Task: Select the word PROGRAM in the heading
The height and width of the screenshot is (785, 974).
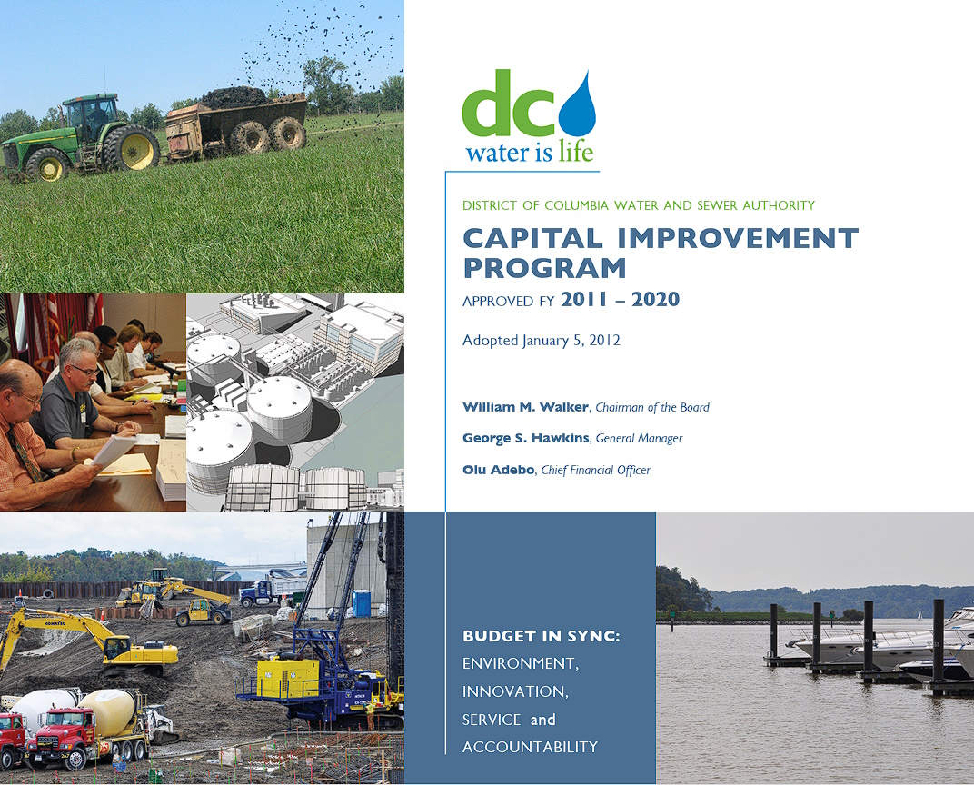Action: coord(545,268)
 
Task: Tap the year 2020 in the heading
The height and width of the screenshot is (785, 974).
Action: coord(655,299)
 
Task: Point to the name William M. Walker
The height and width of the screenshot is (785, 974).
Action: coord(525,407)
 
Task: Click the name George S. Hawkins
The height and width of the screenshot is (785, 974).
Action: coord(525,438)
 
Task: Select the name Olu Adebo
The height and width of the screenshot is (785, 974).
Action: coord(498,470)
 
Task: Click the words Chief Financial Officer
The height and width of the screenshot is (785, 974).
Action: coord(596,470)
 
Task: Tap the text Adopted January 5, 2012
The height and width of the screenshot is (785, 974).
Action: coord(541,341)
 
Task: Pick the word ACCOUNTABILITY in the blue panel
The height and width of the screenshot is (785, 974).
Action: coord(530,747)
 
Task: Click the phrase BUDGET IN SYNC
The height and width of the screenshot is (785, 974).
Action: coord(541,636)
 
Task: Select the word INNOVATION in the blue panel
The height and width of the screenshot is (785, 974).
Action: coord(515,691)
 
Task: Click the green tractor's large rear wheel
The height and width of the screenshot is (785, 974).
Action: coord(131,149)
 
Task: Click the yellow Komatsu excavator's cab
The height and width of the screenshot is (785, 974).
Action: coord(117,648)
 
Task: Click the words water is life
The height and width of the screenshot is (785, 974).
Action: coord(530,153)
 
